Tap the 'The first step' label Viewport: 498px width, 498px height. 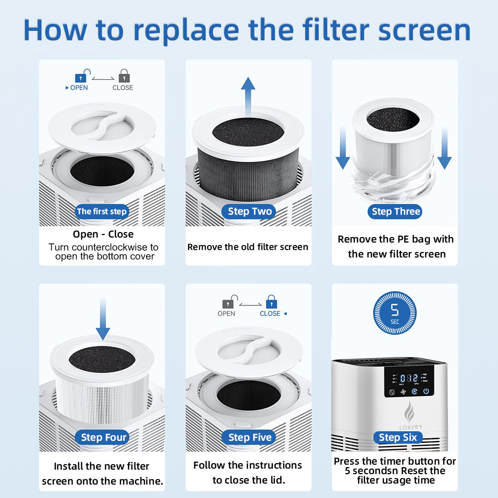(102, 212)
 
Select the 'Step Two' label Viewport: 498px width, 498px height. (250, 212)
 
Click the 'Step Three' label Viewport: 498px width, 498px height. (396, 212)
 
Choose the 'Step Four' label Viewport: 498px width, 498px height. (104, 438)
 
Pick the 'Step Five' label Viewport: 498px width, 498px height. (250, 438)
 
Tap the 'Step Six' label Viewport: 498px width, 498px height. (397, 438)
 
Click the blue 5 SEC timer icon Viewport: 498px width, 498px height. (395, 313)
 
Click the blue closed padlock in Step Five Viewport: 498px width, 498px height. (271, 302)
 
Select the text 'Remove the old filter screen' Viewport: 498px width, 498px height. (248, 247)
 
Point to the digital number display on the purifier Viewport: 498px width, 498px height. (409, 377)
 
